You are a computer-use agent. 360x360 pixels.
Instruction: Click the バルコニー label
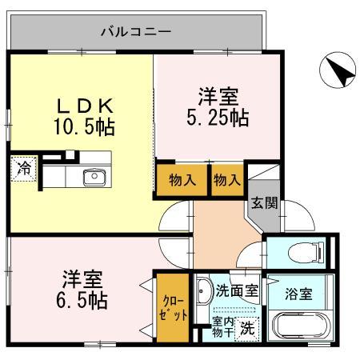[x=135, y=33]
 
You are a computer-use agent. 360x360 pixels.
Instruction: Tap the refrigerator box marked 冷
[x=25, y=169]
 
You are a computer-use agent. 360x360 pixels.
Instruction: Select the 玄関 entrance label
[x=264, y=203]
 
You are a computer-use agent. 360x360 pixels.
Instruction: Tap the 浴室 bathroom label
[x=301, y=293]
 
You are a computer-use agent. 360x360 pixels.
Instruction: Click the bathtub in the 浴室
[x=301, y=328]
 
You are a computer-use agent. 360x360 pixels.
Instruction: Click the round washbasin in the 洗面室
[x=203, y=290]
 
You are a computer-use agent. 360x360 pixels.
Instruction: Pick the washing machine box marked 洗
[x=249, y=326]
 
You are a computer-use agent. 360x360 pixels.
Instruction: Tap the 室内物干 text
[x=222, y=326]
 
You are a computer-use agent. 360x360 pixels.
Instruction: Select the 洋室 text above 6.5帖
[x=82, y=280]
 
